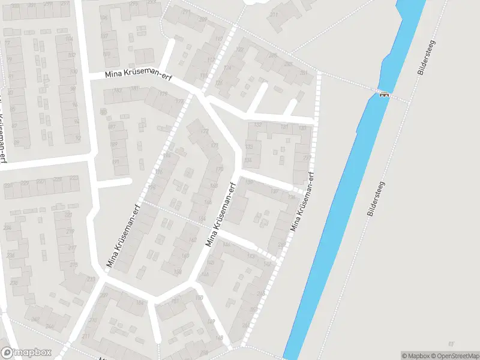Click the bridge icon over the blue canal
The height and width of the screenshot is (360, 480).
(x=383, y=94)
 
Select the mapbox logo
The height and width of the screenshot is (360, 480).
(x=26, y=353)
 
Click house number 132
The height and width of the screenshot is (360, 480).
(x=258, y=125)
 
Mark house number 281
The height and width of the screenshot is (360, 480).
(x=304, y=73)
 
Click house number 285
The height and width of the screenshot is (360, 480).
(x=273, y=55)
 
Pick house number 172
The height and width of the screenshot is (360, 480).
(x=206, y=131)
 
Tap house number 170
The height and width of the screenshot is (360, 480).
(x=219, y=169)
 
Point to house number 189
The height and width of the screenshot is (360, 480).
(x=199, y=298)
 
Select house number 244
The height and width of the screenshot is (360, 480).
(x=35, y=319)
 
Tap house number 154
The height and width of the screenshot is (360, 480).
(x=202, y=218)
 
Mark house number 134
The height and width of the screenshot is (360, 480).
(x=248, y=160)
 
